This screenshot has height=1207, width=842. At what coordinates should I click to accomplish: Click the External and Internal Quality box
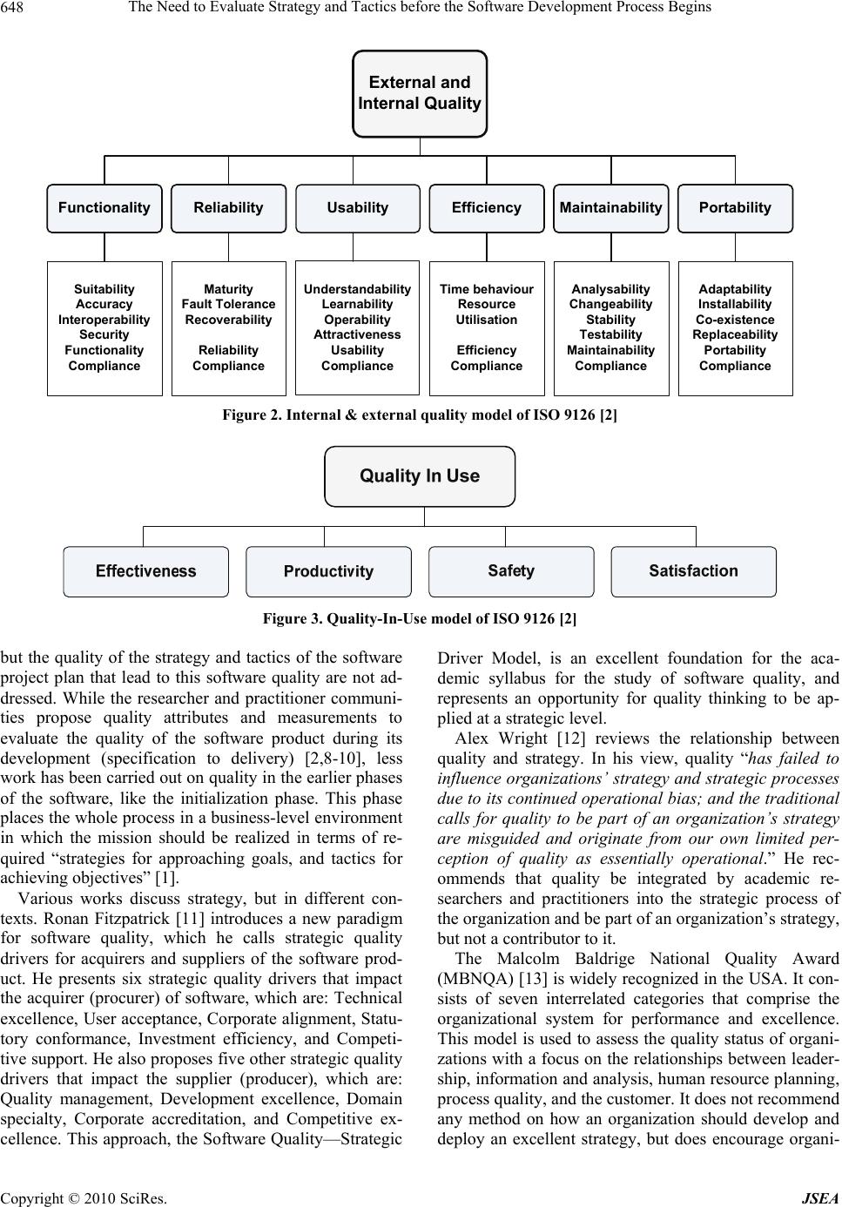pyautogui.click(x=420, y=93)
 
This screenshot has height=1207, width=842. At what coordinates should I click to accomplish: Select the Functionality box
pyautogui.click(x=104, y=208)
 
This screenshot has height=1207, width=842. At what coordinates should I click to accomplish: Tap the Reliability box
pyautogui.click(x=228, y=208)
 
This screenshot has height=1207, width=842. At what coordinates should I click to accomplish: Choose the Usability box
pyautogui.click(x=357, y=208)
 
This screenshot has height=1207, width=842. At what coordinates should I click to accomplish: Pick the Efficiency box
pyautogui.click(x=486, y=208)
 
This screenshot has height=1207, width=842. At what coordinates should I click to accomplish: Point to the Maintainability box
pyautogui.click(x=610, y=208)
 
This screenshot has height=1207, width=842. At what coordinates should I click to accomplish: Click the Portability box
pyautogui.click(x=735, y=208)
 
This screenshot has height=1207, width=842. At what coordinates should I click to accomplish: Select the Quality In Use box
pyautogui.click(x=420, y=476)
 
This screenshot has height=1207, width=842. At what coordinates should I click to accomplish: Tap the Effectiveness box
pyautogui.click(x=146, y=571)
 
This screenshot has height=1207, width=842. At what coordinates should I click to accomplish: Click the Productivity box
pyautogui.click(x=328, y=572)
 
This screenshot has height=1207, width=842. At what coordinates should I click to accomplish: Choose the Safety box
pyautogui.click(x=511, y=571)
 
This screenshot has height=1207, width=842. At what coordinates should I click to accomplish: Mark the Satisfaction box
pyautogui.click(x=693, y=571)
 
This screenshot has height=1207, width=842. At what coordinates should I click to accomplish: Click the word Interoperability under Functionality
pyautogui.click(x=104, y=320)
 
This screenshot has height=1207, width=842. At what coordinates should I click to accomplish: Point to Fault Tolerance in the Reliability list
pyautogui.click(x=228, y=304)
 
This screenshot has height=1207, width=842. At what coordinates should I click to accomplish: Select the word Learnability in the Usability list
pyautogui.click(x=357, y=304)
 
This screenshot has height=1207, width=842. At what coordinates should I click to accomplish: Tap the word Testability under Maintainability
pyautogui.click(x=610, y=334)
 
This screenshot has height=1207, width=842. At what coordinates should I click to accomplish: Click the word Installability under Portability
pyautogui.click(x=735, y=304)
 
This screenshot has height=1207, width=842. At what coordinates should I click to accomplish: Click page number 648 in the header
pyautogui.click(x=15, y=8)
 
